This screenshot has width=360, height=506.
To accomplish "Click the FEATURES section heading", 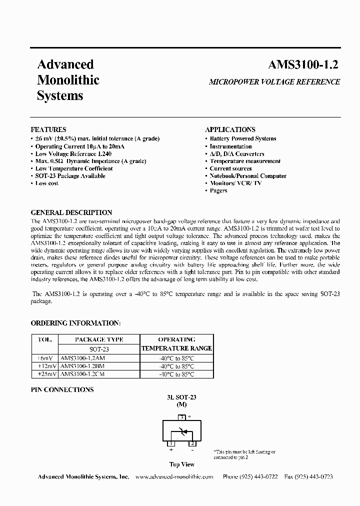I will click(48, 129).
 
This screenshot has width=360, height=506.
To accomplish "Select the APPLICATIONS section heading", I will click(230, 129).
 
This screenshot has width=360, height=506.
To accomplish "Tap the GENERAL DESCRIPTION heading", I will click(71, 212).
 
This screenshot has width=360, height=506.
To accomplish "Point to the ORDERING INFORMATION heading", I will click(75, 323).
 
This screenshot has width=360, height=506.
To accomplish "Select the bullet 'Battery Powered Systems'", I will click(243, 138).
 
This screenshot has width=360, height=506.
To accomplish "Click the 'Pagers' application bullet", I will click(218, 190).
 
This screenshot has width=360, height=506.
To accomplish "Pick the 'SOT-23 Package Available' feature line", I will click(70, 176).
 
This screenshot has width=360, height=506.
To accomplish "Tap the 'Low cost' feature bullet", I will click(47, 183).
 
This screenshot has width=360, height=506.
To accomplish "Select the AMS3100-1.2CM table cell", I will click(82, 374).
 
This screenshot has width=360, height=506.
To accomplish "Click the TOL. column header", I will click(45, 339).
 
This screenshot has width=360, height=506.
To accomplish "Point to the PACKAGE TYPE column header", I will click(99, 339).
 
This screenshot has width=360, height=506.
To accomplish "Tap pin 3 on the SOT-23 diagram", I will click(182, 416).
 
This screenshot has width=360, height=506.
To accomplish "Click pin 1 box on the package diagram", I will click(171, 443).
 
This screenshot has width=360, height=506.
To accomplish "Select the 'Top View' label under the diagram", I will click(182, 464).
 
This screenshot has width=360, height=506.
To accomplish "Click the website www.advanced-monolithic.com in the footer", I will click(174, 477).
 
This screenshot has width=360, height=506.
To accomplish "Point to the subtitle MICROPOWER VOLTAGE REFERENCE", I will click(274, 81).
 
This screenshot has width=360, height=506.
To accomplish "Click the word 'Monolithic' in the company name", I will click(68, 80).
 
